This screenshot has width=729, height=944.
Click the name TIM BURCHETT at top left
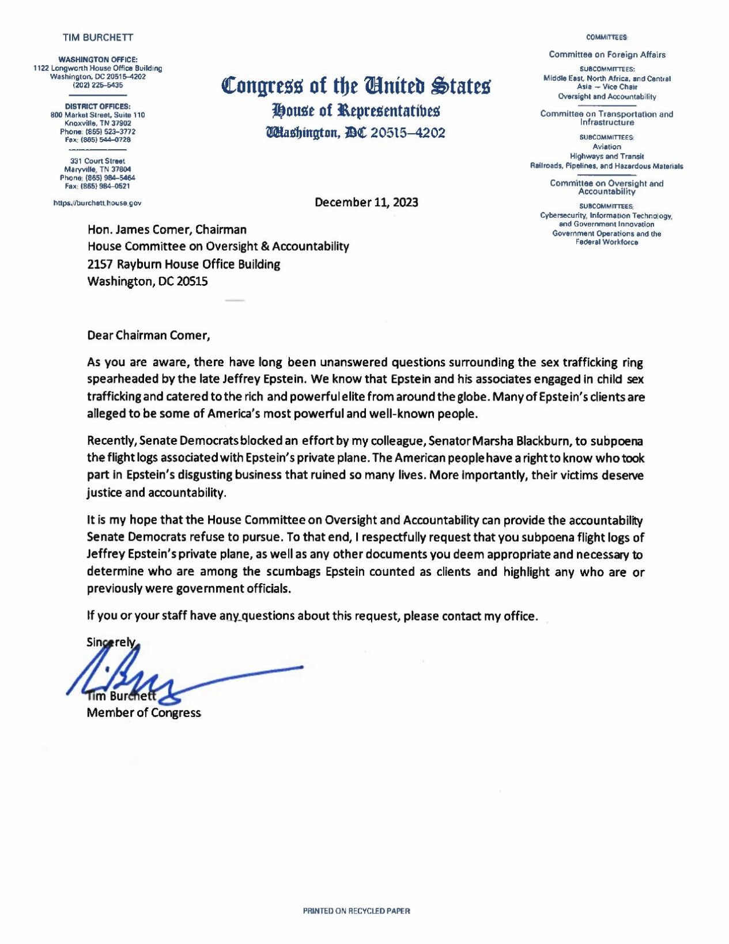click(97, 37)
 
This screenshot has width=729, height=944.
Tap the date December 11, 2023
click(366, 202)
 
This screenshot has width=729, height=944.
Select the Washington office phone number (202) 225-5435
click(97, 85)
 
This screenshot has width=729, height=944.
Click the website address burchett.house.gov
click(97, 203)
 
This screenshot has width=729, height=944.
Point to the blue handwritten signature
click(173, 677)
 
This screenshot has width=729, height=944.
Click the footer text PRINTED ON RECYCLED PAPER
click(356, 911)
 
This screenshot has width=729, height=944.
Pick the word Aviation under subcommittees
click(606, 147)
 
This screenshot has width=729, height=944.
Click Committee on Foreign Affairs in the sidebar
click(607, 55)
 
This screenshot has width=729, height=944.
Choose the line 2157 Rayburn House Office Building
click(183, 265)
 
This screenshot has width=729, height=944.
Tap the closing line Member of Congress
click(143, 713)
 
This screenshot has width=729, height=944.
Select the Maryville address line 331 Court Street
click(97, 161)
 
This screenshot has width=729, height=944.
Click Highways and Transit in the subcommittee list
click(606, 156)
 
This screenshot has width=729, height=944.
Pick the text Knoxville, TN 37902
click(97, 123)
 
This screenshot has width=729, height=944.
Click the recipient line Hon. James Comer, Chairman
click(167, 230)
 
